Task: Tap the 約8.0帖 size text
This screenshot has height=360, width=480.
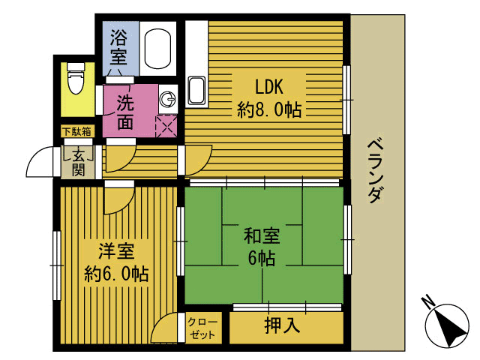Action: coord(269,110)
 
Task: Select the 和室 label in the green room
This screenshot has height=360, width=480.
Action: coord(262,236)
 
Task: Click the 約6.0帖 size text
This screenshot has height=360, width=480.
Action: coord(116,273)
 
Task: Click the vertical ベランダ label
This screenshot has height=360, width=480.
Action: coord(377,170)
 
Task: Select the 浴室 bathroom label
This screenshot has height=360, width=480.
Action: coord(118,46)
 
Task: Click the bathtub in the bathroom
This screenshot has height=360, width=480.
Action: coord(157,50)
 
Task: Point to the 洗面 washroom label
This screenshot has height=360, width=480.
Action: coord(125,111)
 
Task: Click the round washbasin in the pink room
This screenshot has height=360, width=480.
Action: coord(169,98)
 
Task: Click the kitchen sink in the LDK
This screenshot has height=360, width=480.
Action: coord(196,91)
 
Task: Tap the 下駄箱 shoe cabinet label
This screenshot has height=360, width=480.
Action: coord(76,132)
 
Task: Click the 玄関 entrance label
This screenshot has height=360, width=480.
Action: coord(77,161)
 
